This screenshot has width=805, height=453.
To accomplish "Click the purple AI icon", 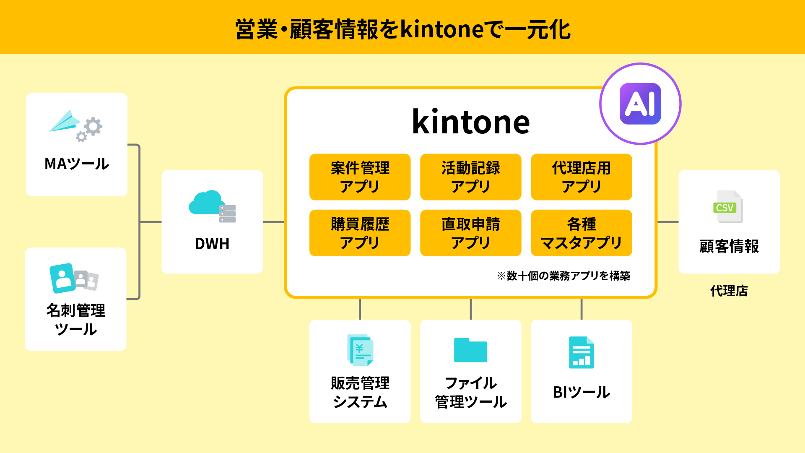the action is click(x=640, y=104).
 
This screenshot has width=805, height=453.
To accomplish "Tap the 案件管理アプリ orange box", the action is click(x=360, y=177).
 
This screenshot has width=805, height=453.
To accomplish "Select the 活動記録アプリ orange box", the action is click(x=470, y=177).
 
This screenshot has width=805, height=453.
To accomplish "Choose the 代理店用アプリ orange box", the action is click(x=582, y=177).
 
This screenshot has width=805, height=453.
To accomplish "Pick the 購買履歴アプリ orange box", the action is click(x=360, y=233).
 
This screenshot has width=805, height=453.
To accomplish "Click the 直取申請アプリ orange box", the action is click(x=470, y=233).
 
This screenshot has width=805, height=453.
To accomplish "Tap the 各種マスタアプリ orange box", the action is click(x=582, y=233).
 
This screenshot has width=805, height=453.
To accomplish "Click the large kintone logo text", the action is click(x=471, y=122).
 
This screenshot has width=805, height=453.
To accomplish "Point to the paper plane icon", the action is click(x=65, y=121).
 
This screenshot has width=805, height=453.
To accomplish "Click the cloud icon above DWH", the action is click(x=205, y=203).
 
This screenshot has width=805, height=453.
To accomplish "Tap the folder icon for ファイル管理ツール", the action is click(x=470, y=350).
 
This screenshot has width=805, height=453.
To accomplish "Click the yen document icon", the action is click(x=360, y=350).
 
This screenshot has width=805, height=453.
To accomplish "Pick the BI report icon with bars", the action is click(x=582, y=352).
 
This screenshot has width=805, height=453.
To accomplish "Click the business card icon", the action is click(x=74, y=278).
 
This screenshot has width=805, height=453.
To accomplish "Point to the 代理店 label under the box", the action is click(x=729, y=291).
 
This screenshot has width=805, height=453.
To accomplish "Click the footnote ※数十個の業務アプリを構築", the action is click(x=563, y=276).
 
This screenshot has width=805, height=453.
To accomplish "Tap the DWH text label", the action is click(x=212, y=244).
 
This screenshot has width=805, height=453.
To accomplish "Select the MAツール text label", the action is click(x=77, y=164).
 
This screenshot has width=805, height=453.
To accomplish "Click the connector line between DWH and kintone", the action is click(x=274, y=222).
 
